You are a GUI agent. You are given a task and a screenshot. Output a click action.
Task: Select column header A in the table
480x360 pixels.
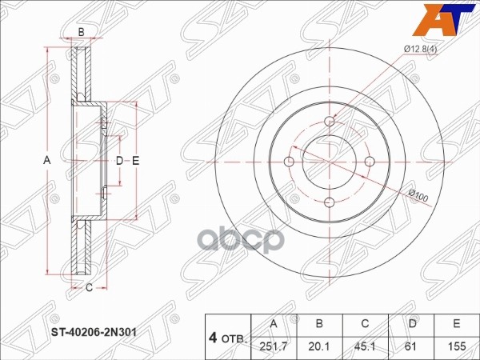coord(274,322)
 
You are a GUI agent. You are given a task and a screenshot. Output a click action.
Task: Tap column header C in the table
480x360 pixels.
coord(364,322)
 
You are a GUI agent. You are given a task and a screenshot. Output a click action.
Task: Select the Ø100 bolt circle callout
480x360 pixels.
coord(420,194)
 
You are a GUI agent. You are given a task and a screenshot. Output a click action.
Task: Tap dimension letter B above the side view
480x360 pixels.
coord(81,31)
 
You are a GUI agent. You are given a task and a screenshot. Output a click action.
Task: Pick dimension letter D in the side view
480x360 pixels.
coord(119,162)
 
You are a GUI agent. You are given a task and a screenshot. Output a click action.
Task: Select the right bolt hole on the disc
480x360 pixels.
coord(369,162)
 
